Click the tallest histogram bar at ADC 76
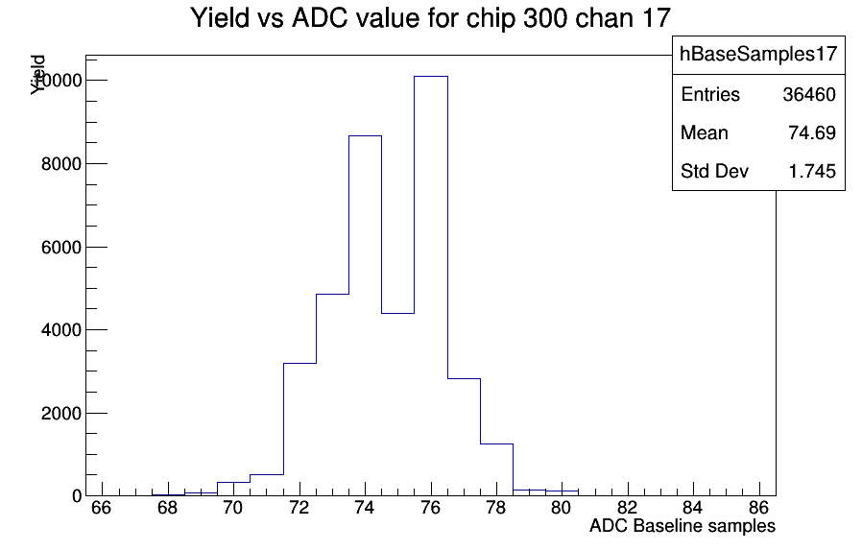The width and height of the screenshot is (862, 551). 431,286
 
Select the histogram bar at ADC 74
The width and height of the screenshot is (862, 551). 365,316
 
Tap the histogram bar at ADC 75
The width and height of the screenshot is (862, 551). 398,404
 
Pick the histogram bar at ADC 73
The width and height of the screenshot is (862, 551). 332,395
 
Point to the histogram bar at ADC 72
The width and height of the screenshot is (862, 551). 299,429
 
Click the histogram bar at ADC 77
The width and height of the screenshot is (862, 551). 464,437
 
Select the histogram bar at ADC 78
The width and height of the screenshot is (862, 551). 497,469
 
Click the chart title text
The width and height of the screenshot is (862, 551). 430,17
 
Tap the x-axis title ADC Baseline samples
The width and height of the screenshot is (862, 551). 682,526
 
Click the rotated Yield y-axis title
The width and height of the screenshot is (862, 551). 37,75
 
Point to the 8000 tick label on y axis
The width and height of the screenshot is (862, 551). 61,164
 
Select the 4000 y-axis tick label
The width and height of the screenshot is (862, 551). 61,330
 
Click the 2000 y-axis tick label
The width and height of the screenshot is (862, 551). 61,413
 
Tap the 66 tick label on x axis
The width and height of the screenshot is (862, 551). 101,508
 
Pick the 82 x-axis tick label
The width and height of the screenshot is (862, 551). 627,508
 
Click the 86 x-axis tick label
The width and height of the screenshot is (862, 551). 758,508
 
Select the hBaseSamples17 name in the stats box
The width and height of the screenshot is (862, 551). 758,54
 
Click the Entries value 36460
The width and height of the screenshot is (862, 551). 809,95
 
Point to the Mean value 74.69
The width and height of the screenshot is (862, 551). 812,133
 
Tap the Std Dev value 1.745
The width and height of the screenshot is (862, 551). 812,172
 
